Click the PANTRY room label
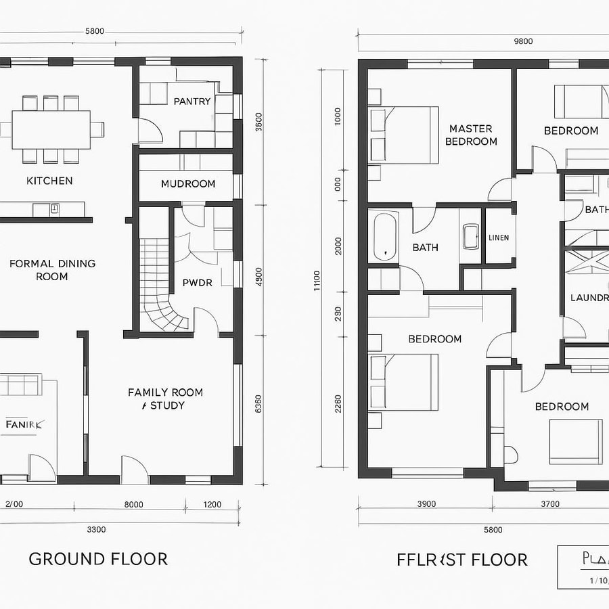coord(192,101)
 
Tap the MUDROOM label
coord(188,183)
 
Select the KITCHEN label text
coord(49,181)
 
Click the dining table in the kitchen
coord(51,129)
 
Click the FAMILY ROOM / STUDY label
coord(165,399)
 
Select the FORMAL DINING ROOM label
coord(52,269)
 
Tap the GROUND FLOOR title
coord(98,559)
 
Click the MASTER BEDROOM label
coord(471,135)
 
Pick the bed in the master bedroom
coord(403,135)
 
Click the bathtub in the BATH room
coord(386,237)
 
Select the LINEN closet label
coord(499,238)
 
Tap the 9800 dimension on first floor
coord(523,41)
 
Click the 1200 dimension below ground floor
coord(212,504)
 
